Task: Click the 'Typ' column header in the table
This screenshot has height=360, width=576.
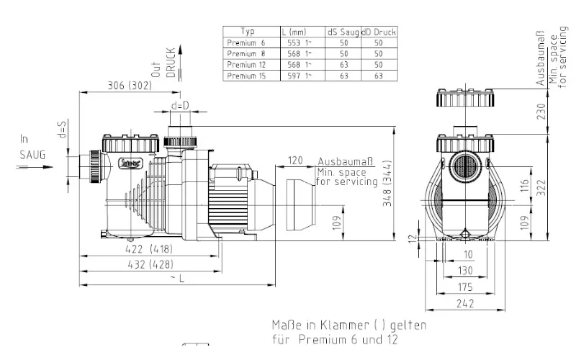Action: [x=247, y=32]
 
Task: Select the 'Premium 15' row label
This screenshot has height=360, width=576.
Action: [x=247, y=75]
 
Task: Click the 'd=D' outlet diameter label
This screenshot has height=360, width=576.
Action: [x=180, y=107]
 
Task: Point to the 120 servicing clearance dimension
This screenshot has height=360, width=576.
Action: [x=294, y=159]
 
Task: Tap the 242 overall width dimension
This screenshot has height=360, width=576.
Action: [x=466, y=305]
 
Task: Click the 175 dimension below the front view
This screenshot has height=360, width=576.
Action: [x=466, y=287]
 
